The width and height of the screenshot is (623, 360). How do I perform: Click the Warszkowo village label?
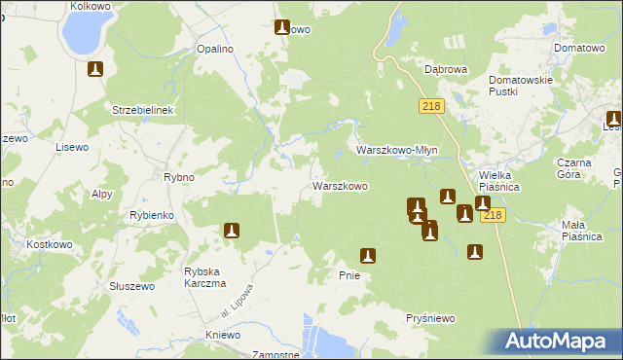pos(339,186)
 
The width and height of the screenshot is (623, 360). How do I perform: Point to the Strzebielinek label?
pos(142,110)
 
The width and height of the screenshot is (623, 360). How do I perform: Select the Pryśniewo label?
pos(431,318)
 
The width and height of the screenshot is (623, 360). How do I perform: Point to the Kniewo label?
pos(223,335)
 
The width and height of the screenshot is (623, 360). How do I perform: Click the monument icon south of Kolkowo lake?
pos(95,69)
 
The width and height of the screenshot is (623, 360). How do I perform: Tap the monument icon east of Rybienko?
pos(232,231)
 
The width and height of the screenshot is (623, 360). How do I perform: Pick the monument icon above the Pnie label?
pos(368,256)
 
